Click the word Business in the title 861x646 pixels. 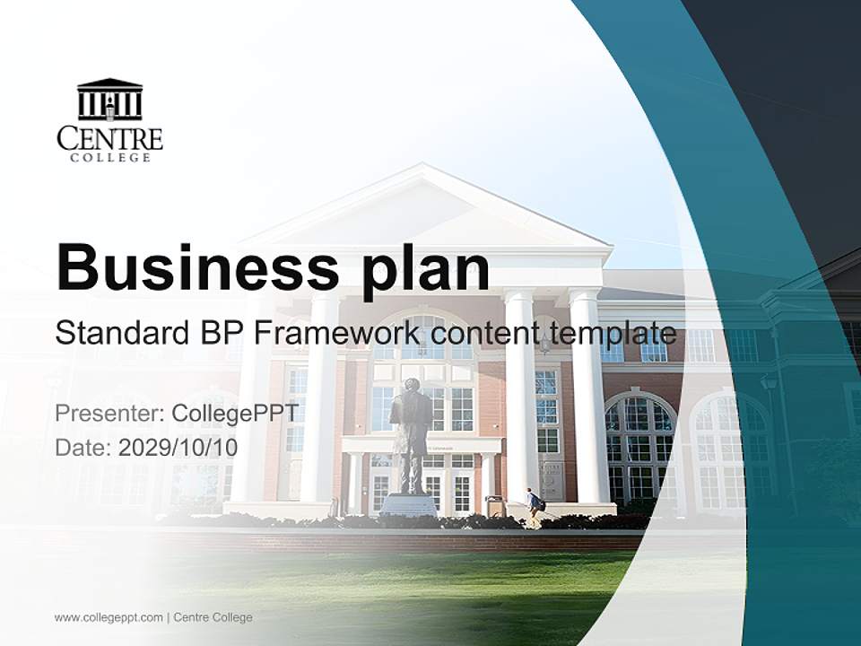pyautogui.click(x=197, y=266)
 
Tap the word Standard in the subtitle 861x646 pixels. pyautogui.click(x=123, y=335)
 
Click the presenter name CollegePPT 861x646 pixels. pyautogui.click(x=236, y=414)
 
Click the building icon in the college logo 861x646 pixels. pyautogui.click(x=109, y=100)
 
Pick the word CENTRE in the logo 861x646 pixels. pyautogui.click(x=109, y=138)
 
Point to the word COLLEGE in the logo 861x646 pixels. pyautogui.click(x=109, y=158)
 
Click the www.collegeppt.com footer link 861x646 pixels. pyautogui.click(x=109, y=617)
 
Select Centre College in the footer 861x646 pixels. pyautogui.click(x=213, y=617)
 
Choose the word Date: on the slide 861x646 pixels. pyautogui.click(x=83, y=447)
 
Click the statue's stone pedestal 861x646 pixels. pyautogui.click(x=408, y=504)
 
